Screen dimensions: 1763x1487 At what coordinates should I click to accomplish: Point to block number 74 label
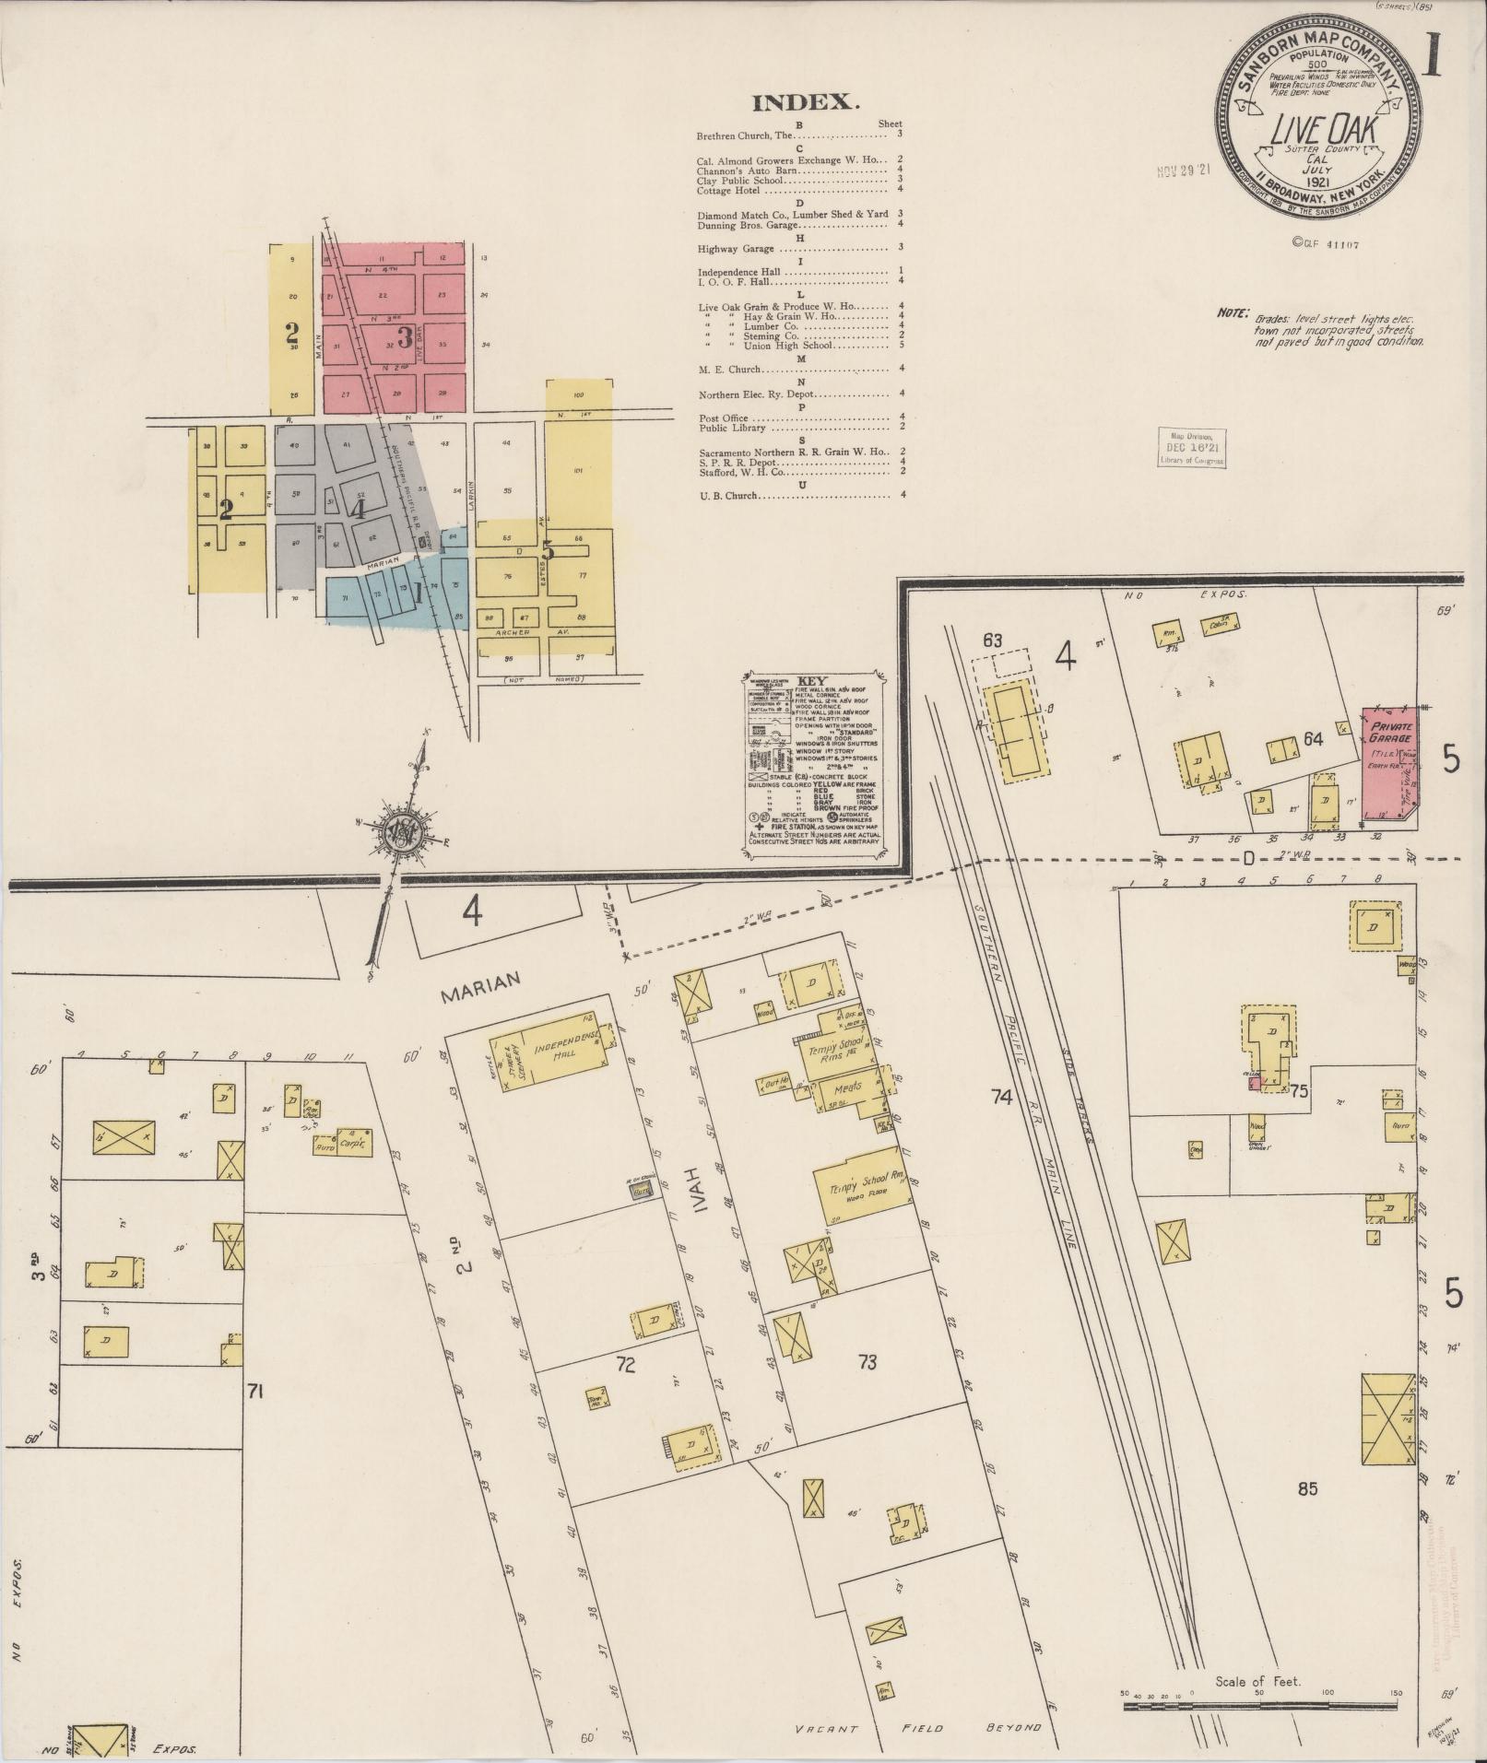point(1002,1097)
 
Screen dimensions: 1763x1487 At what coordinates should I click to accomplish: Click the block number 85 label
point(1307,1488)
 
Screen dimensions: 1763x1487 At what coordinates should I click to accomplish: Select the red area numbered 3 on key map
point(402,334)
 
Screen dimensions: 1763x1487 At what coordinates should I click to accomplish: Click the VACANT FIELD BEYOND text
point(916,1728)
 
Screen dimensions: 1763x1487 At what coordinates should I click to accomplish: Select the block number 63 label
point(992,640)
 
